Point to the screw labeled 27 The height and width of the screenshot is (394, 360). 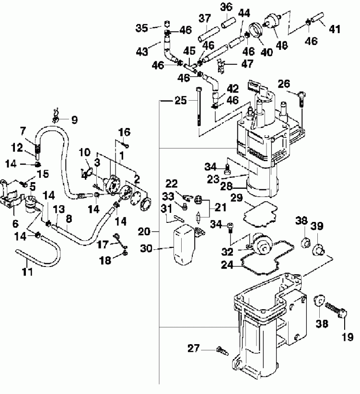point(221,350)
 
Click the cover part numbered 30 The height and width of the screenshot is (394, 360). point(184,245)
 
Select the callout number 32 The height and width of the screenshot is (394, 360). point(227,251)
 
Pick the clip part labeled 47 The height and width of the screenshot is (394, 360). point(221,66)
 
